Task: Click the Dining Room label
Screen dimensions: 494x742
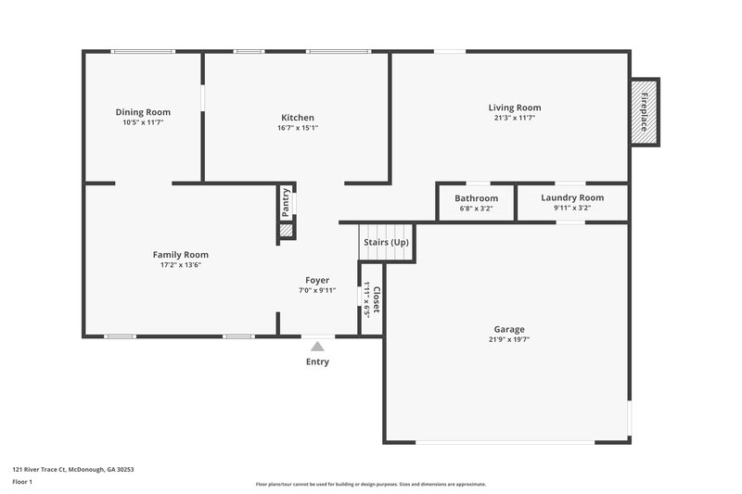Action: coord(143,112)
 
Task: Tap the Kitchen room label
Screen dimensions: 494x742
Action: coord(298,118)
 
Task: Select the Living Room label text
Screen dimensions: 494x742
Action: coord(515,108)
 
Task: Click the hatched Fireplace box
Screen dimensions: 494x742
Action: coord(644,111)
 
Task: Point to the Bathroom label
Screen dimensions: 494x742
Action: coord(476,198)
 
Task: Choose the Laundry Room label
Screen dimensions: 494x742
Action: coord(572,197)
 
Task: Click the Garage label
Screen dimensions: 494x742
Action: coord(509,329)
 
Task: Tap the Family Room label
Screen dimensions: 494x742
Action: coord(181,254)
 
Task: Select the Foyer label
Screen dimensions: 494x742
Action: coord(317,280)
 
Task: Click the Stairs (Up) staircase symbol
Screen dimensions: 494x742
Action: coord(386,241)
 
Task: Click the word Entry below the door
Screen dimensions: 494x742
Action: coord(317,361)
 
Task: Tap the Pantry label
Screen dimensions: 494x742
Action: coord(286,202)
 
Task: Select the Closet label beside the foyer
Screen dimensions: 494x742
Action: coord(376,299)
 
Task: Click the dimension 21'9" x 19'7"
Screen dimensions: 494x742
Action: coord(509,340)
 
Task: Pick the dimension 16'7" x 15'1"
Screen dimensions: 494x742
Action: coord(298,129)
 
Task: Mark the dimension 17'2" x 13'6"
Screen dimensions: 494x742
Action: coord(181,265)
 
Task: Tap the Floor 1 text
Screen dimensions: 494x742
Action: coord(21,483)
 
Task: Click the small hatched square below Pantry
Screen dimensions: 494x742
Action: coord(286,229)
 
